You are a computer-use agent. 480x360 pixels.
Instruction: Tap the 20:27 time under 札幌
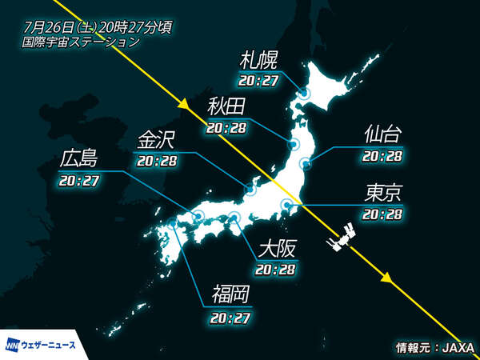click(x=259, y=80)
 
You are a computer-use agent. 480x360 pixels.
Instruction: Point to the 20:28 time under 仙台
click(x=382, y=156)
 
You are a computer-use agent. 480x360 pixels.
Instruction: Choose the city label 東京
click(x=382, y=194)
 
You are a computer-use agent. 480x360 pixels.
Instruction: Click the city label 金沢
click(x=157, y=139)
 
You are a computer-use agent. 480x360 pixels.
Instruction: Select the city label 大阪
click(x=275, y=248)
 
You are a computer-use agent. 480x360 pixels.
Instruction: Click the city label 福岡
click(x=230, y=294)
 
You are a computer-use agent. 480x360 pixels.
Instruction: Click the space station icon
click(x=340, y=238)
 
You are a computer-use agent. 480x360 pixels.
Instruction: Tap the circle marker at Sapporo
click(x=303, y=94)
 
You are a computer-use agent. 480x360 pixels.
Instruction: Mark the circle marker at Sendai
click(x=306, y=163)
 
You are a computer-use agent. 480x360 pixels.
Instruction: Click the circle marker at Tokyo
click(x=286, y=206)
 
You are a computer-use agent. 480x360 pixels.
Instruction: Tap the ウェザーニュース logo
click(x=42, y=344)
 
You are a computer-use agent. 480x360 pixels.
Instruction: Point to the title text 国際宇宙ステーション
click(x=82, y=41)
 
